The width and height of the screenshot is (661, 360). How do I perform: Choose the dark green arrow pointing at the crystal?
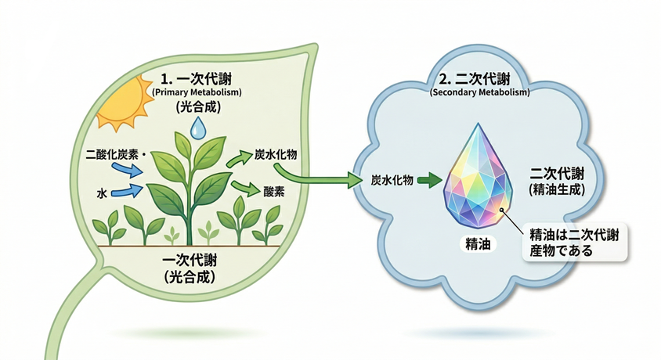428,181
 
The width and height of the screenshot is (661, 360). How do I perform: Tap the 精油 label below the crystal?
477,245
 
